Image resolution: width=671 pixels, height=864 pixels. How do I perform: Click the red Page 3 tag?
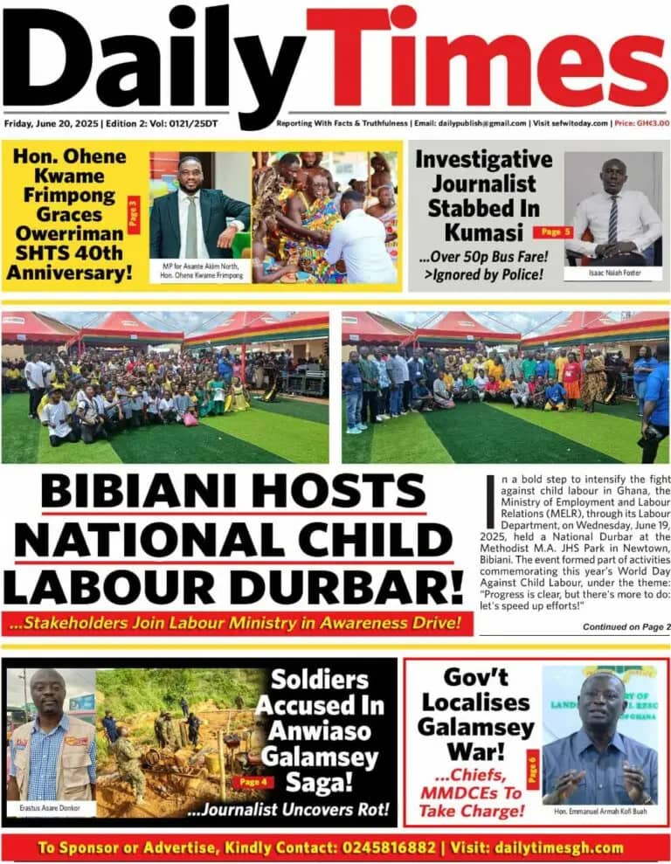[x=134, y=214]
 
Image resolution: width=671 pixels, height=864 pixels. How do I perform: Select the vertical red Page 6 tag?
[x=531, y=774]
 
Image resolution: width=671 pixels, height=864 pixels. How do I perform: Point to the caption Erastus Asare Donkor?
[x=49, y=809]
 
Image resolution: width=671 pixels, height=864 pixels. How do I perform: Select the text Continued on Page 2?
[x=626, y=627]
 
